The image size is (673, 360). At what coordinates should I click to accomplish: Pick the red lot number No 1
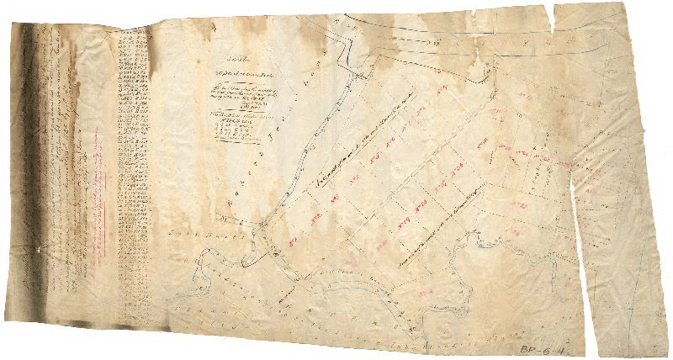296,236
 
